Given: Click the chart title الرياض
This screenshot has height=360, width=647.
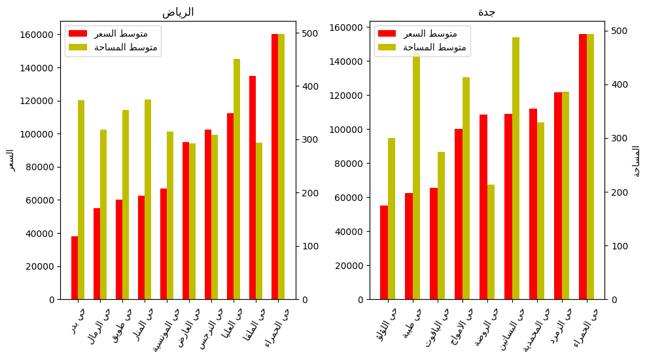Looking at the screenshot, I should click(178, 12).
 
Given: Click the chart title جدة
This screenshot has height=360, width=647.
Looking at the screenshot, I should click(487, 12).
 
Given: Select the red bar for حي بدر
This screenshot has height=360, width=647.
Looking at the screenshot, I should click(75, 268).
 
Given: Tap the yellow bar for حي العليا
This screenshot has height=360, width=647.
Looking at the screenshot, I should click(237, 179).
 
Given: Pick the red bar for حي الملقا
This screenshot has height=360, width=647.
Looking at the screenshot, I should click(253, 187).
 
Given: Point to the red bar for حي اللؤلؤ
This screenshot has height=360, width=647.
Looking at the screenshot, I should click(384, 253).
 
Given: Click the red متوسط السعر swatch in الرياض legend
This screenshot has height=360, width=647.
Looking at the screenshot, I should click(77, 33).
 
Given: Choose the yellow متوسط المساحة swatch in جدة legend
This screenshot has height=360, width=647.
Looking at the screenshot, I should click(387, 47).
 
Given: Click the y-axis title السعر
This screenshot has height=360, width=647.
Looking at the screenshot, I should click(10, 160).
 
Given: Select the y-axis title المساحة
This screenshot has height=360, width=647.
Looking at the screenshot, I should click(636, 160).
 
